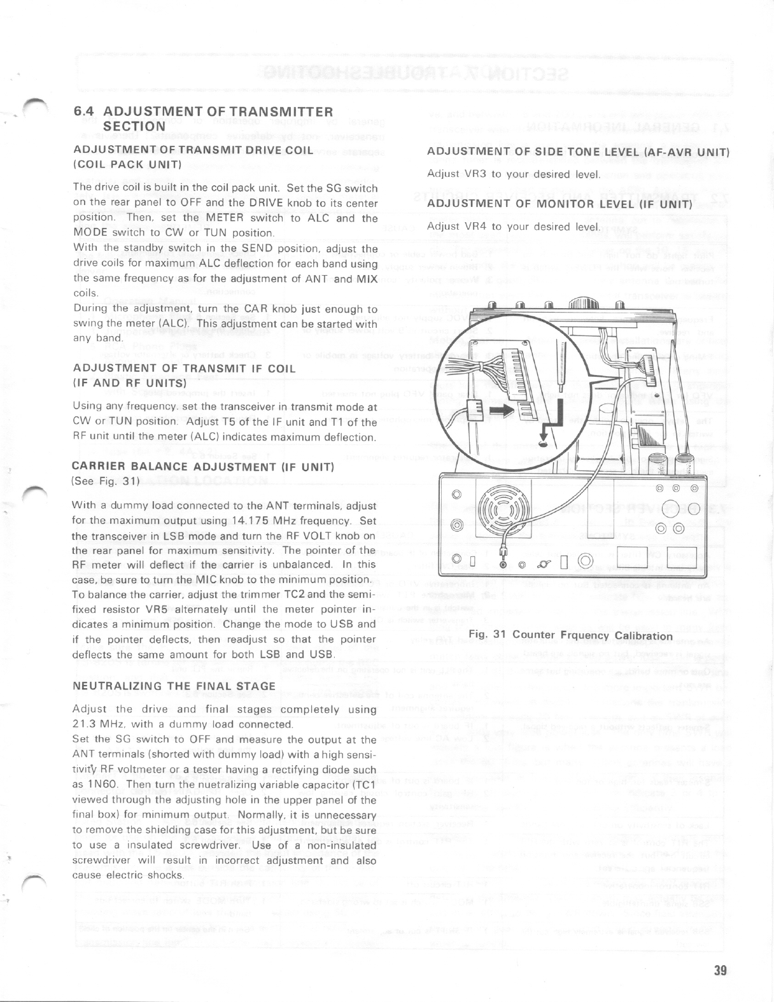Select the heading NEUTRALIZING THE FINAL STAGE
tap(174, 686)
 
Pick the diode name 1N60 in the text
tap(101, 785)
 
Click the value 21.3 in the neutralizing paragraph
tap(88, 724)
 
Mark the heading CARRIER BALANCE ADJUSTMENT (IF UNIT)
tap(204, 467)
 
